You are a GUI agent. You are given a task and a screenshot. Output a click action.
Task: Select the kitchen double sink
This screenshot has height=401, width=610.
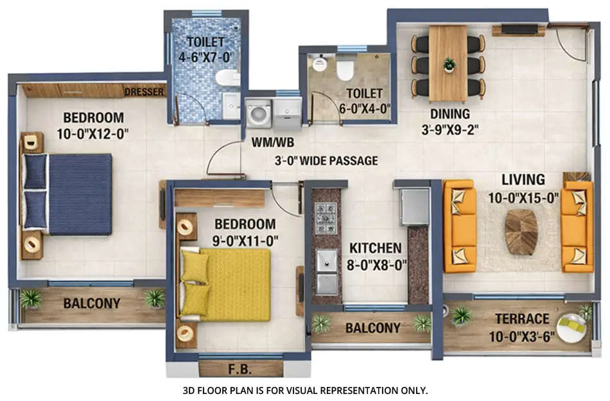click(x=326, y=271)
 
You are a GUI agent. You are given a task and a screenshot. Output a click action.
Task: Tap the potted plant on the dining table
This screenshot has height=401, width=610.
click(x=449, y=64)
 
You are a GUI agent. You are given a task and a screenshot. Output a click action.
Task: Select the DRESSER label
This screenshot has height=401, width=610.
click(x=144, y=92)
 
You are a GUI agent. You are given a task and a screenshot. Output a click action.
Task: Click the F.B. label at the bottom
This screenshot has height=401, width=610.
click(x=241, y=370)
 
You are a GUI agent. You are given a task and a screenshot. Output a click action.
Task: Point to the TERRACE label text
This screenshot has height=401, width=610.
click(x=522, y=319)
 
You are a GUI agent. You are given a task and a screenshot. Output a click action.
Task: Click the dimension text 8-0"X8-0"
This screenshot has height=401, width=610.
click(x=376, y=263)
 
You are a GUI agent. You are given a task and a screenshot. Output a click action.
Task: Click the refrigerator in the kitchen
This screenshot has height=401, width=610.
click(x=414, y=207)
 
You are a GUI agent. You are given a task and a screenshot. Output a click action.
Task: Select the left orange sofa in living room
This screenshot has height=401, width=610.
click(x=460, y=226)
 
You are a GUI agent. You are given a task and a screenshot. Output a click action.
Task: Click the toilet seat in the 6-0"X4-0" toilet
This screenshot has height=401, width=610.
click(x=345, y=67)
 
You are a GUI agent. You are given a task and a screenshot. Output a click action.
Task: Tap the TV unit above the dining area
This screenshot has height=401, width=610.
click(x=519, y=30)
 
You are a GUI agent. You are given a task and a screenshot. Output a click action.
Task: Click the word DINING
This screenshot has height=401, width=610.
click(x=449, y=114)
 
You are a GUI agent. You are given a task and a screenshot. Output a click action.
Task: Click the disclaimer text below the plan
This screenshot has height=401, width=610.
click(x=305, y=390)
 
